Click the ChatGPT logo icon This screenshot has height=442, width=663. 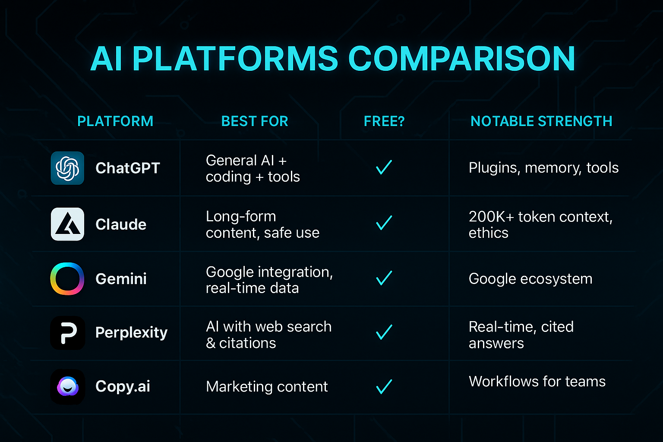[x=67, y=168]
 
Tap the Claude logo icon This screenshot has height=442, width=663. [x=67, y=224]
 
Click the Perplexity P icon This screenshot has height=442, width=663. [x=68, y=333]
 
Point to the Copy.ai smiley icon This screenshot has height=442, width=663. [x=68, y=387]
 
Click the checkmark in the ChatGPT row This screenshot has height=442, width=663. [x=384, y=167]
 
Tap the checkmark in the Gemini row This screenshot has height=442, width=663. [x=384, y=278]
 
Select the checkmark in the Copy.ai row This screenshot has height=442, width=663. [x=384, y=387]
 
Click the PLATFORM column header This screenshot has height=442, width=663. [x=115, y=121]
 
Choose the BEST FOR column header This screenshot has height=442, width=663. [x=255, y=121]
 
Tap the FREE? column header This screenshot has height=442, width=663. [x=384, y=121]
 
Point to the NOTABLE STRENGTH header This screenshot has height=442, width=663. [x=541, y=121]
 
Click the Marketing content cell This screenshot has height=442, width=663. [x=267, y=387]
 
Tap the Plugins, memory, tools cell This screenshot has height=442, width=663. [x=544, y=168]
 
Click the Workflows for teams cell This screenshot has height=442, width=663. [x=537, y=381]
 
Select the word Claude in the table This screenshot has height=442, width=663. [x=121, y=224]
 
